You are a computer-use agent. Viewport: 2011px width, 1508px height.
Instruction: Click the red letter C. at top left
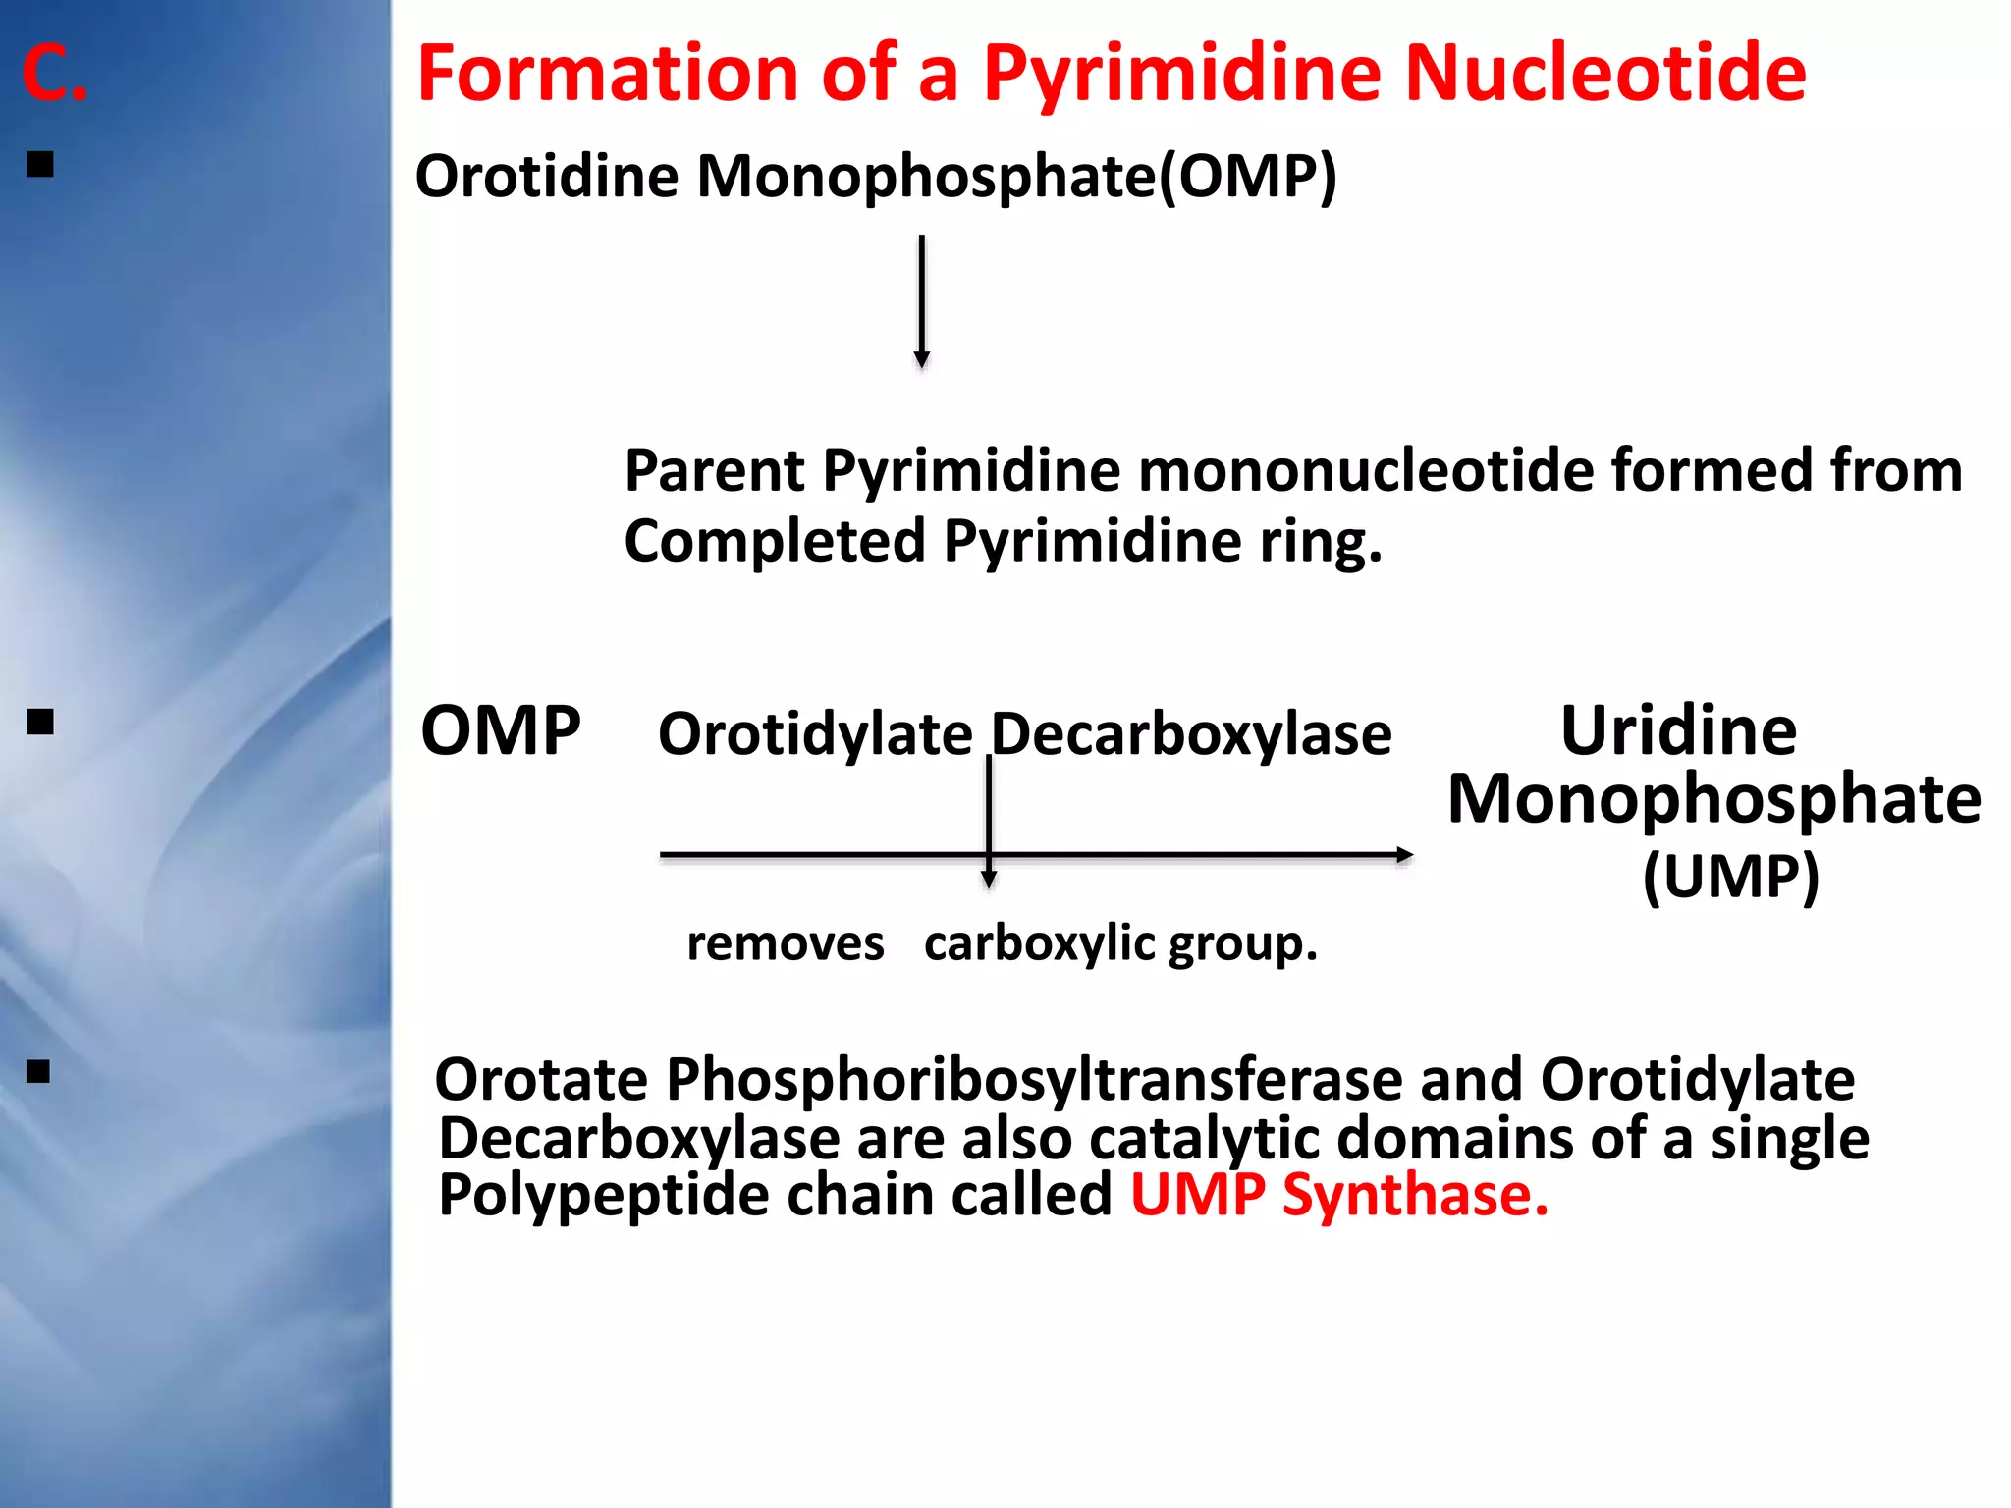click(x=54, y=74)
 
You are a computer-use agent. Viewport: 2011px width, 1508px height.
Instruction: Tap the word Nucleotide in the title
click(x=1604, y=74)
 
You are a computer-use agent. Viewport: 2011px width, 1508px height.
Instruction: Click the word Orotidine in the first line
click(x=546, y=177)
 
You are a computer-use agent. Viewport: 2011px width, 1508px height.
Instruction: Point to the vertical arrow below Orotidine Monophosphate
click(x=921, y=299)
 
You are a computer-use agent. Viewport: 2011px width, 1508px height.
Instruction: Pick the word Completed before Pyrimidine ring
click(x=775, y=541)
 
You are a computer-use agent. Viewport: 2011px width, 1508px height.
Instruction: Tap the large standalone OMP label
click(x=500, y=731)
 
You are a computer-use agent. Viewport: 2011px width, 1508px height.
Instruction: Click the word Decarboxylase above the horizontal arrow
click(x=1191, y=734)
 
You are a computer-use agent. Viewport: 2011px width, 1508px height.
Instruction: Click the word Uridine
click(x=1678, y=731)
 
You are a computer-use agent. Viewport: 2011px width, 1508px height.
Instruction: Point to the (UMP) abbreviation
click(x=1730, y=876)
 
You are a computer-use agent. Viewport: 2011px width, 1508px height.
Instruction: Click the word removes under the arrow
click(x=785, y=943)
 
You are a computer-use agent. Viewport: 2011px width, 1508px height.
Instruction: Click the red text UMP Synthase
click(x=1338, y=1195)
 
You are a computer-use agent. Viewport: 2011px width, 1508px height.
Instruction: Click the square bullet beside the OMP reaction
click(x=40, y=724)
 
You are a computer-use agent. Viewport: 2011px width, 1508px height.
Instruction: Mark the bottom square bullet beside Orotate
click(x=38, y=1071)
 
